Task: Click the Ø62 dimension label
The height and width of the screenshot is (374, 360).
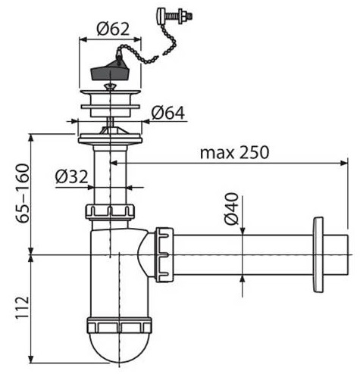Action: tap(113, 30)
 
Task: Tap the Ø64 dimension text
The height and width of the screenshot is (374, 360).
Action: tap(168, 113)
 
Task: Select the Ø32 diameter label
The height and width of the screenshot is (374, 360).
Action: tap(71, 176)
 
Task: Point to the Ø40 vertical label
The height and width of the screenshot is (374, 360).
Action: tap(231, 208)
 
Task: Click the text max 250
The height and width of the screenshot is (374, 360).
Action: tap(235, 152)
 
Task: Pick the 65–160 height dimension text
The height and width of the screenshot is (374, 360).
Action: tap(22, 193)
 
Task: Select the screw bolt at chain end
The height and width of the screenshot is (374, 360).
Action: tap(174, 16)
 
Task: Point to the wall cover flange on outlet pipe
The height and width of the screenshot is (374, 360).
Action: tap(318, 254)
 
